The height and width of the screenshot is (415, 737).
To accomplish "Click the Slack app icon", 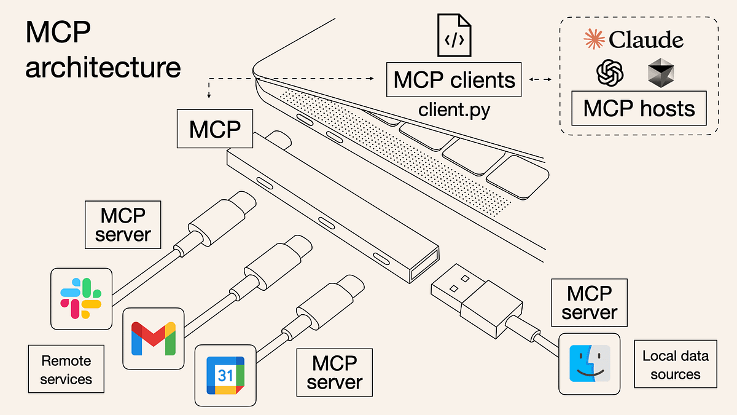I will pyautogui.click(x=81, y=298).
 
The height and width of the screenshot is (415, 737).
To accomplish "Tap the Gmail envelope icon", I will pyautogui.click(x=153, y=338).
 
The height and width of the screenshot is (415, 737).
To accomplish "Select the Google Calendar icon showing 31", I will pyautogui.click(x=225, y=375).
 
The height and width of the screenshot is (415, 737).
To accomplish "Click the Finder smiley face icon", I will pyautogui.click(x=589, y=365).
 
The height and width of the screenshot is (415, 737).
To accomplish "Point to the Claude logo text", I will pyautogui.click(x=633, y=41).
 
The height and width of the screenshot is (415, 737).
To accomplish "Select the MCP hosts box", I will pyautogui.click(x=639, y=109).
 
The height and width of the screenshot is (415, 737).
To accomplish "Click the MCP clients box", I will pyautogui.click(x=454, y=79).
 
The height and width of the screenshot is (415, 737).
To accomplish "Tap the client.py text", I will pyautogui.click(x=454, y=110).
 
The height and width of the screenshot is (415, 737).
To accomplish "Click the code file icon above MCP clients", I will pyautogui.click(x=453, y=36).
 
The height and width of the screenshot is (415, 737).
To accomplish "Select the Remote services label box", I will pyautogui.click(x=66, y=370).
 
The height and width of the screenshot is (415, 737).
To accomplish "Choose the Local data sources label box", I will pyautogui.click(x=675, y=365).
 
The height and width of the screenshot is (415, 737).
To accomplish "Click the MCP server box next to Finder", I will pyautogui.click(x=589, y=302).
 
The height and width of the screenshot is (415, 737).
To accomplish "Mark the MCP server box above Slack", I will pyautogui.click(x=123, y=225).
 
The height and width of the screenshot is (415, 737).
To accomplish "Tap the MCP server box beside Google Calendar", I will pyautogui.click(x=335, y=373).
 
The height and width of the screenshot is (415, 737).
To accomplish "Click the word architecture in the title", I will pyautogui.click(x=103, y=66).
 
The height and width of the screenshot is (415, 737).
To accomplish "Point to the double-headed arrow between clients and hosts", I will pyautogui.click(x=540, y=79).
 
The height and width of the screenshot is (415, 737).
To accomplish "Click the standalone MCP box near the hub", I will pyautogui.click(x=214, y=129).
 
